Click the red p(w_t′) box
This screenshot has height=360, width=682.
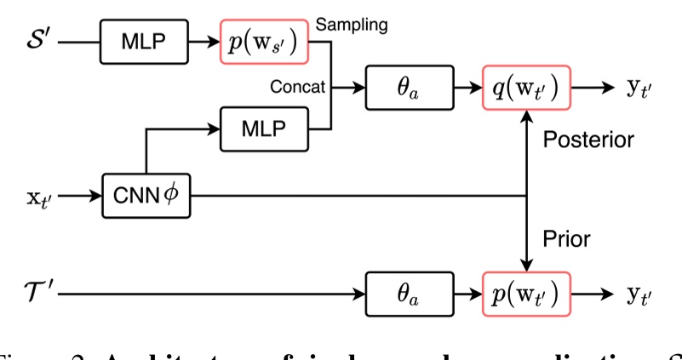(x=524, y=294)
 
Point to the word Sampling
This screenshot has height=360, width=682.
(x=352, y=25)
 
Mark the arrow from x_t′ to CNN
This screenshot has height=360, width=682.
(x=82, y=196)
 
